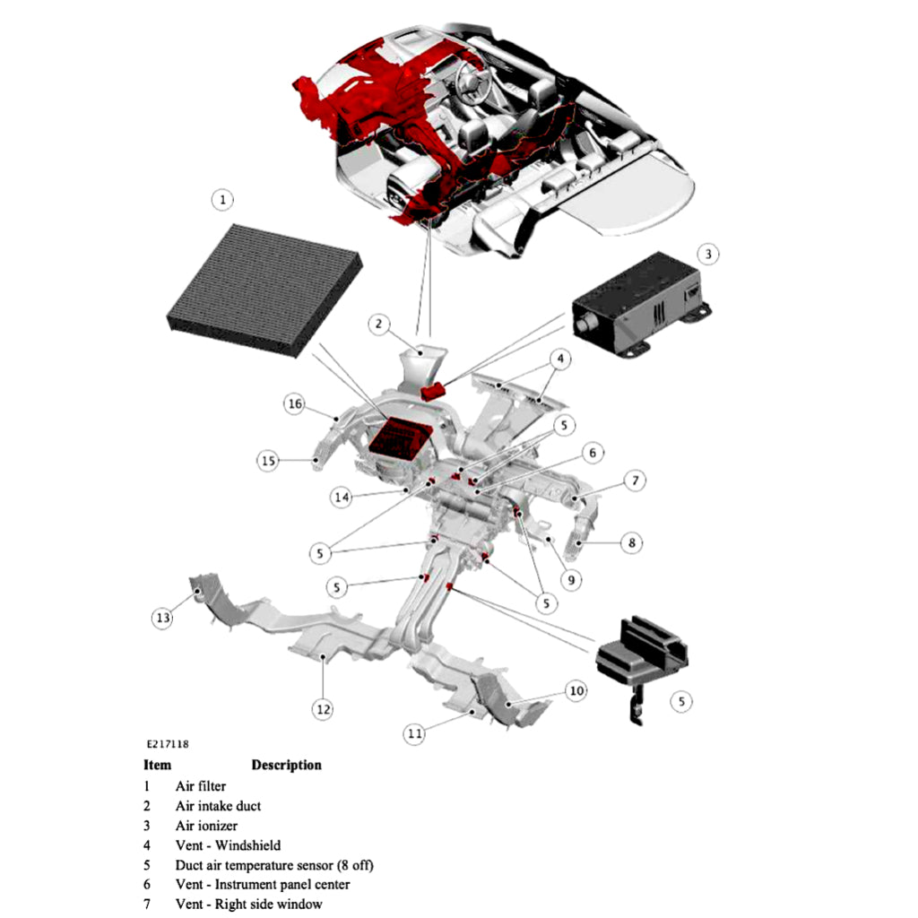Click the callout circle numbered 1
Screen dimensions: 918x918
pos(222,199)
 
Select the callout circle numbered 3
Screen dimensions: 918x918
pos(707,255)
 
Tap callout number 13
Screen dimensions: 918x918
pos(161,619)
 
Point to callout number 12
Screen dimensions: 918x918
pos(323,709)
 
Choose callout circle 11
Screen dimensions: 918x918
pos(413,733)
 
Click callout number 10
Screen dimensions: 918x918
pos(576,690)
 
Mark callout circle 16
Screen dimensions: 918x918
pos(295,404)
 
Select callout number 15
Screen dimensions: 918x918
pos(268,461)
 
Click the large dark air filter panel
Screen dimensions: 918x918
pos(264,291)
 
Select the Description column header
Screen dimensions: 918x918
pos(286,765)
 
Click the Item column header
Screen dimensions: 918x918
pos(157,765)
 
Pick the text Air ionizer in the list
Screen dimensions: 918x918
pos(206,826)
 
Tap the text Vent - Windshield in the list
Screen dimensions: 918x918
pos(228,845)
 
